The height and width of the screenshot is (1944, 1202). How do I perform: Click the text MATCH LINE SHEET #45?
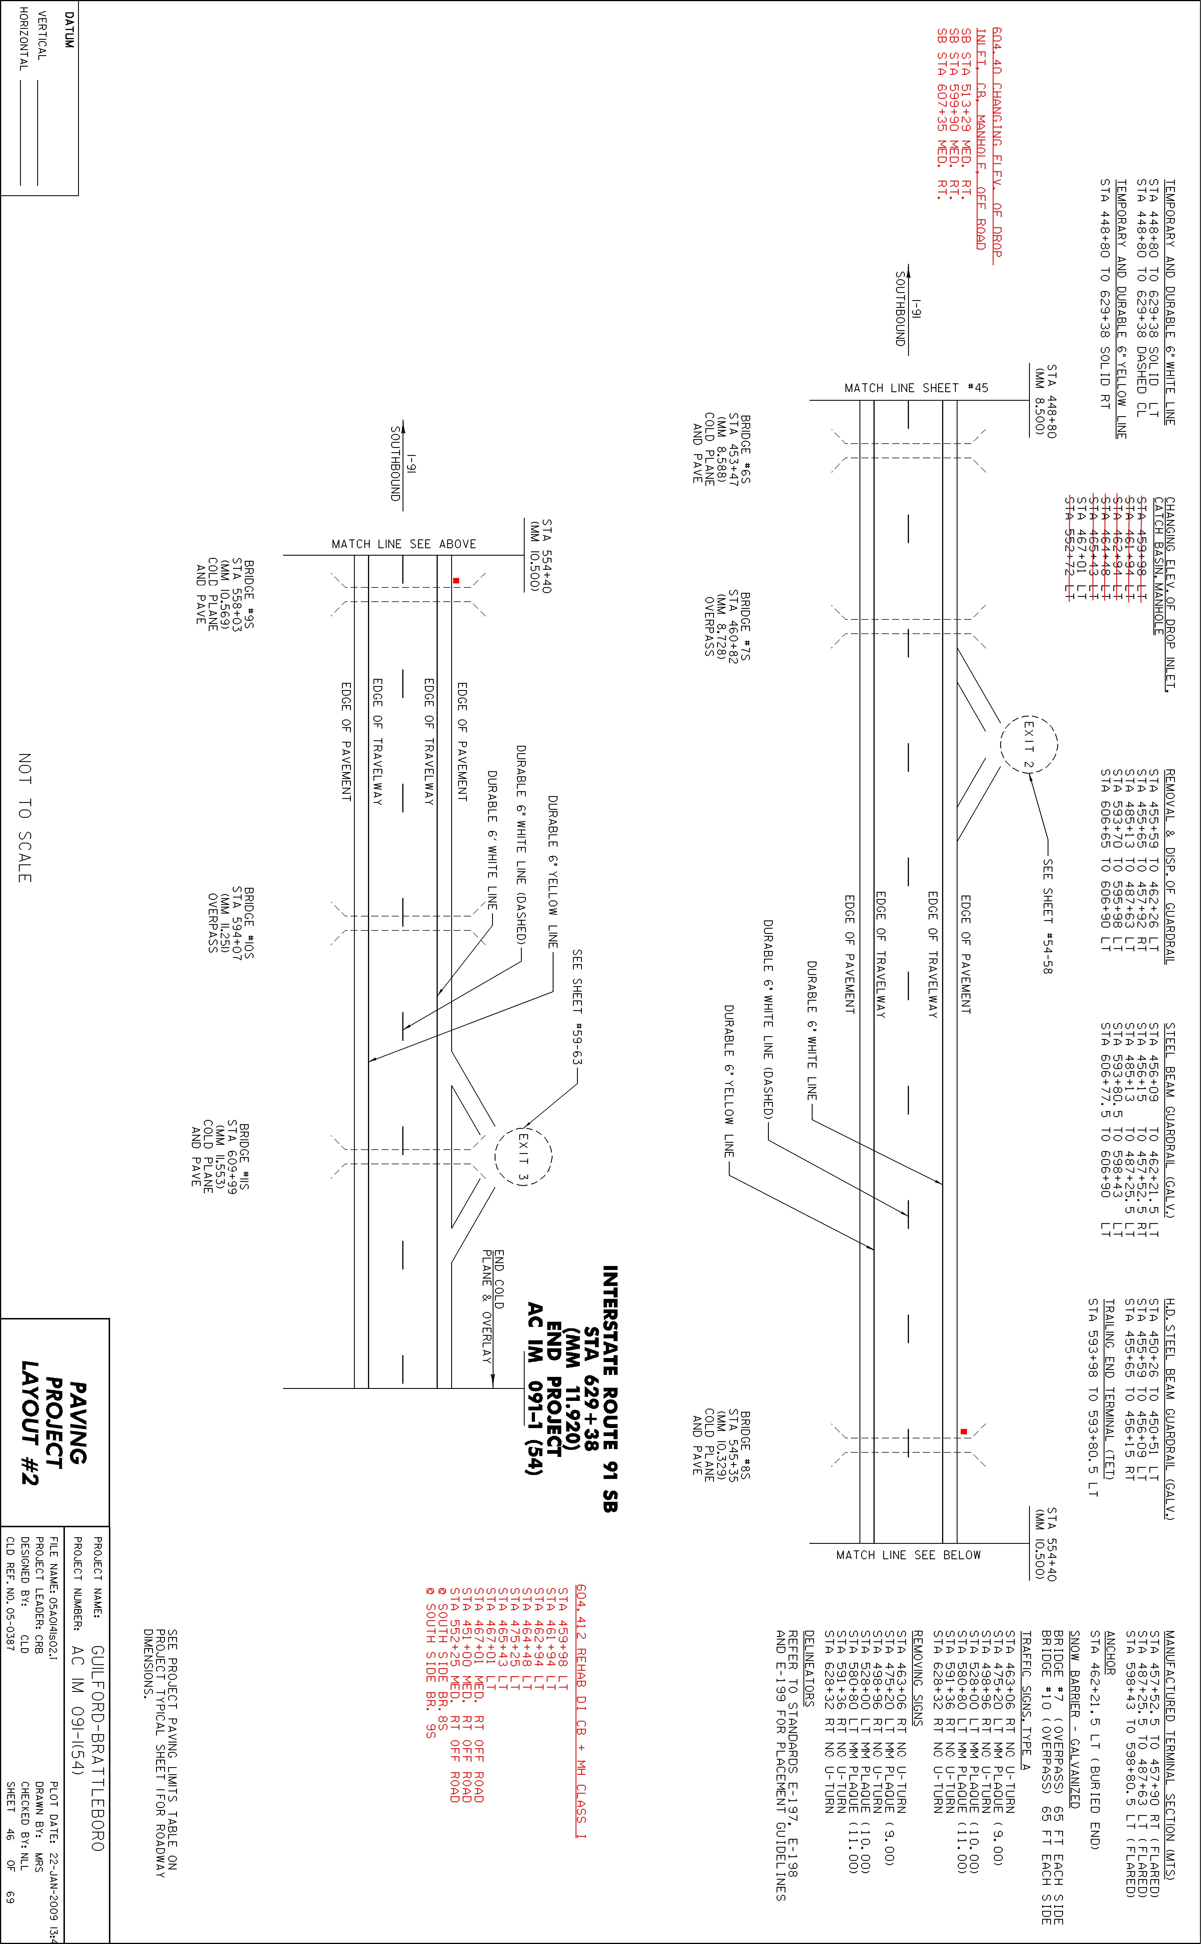917,388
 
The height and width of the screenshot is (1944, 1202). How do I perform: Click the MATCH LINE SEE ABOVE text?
404,544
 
